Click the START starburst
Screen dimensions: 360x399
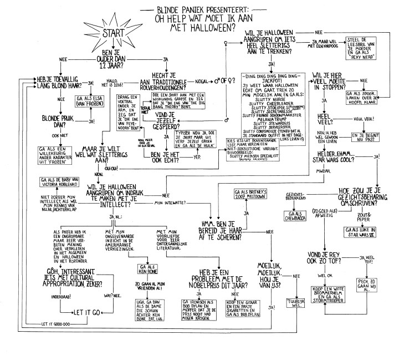[114, 37]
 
